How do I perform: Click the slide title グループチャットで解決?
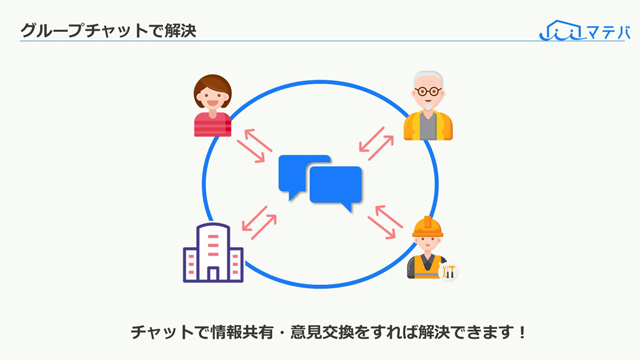(108, 31)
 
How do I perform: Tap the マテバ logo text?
(608, 32)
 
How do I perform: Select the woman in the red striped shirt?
(213, 105)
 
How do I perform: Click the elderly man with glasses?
(428, 106)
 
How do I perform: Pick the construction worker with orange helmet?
(429, 248)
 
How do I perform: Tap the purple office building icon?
(213, 253)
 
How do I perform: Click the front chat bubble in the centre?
(336, 189)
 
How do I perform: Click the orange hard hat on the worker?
(427, 227)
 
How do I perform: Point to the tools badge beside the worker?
(448, 271)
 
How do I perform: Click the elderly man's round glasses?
(428, 91)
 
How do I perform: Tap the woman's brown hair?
(213, 88)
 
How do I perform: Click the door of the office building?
(213, 273)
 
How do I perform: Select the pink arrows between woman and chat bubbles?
(254, 146)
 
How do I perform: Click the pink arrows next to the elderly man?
(376, 143)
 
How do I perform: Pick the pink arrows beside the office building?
(259, 223)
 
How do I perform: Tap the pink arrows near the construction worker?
(385, 222)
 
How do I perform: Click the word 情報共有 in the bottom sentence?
(242, 333)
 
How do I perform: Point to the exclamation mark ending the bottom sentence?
(522, 333)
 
